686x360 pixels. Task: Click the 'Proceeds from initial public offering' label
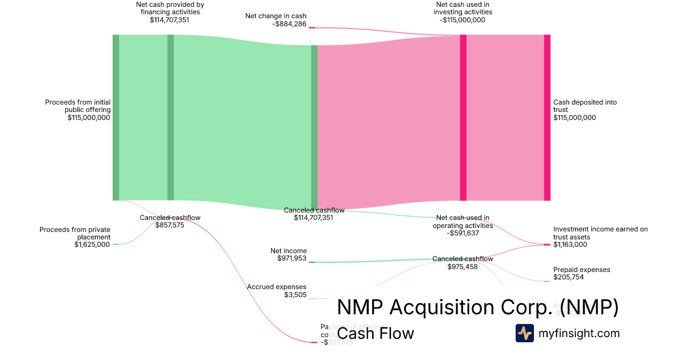click(78, 106)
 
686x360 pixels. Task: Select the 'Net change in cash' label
click(276, 16)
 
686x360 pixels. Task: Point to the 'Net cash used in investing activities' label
click(462, 8)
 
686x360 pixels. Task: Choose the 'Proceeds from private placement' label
click(75, 233)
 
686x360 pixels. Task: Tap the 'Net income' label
click(288, 251)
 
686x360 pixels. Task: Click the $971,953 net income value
click(292, 258)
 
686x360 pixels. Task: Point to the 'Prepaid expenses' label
click(581, 270)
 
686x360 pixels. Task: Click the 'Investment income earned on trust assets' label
click(600, 233)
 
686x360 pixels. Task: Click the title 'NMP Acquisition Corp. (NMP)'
click(477, 307)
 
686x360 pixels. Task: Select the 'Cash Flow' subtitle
click(376, 333)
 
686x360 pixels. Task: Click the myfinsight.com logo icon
click(524, 333)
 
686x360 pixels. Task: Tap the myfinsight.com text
click(579, 333)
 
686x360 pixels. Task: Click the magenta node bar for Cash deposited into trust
click(547, 117)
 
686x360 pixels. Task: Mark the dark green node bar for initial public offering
click(115, 117)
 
